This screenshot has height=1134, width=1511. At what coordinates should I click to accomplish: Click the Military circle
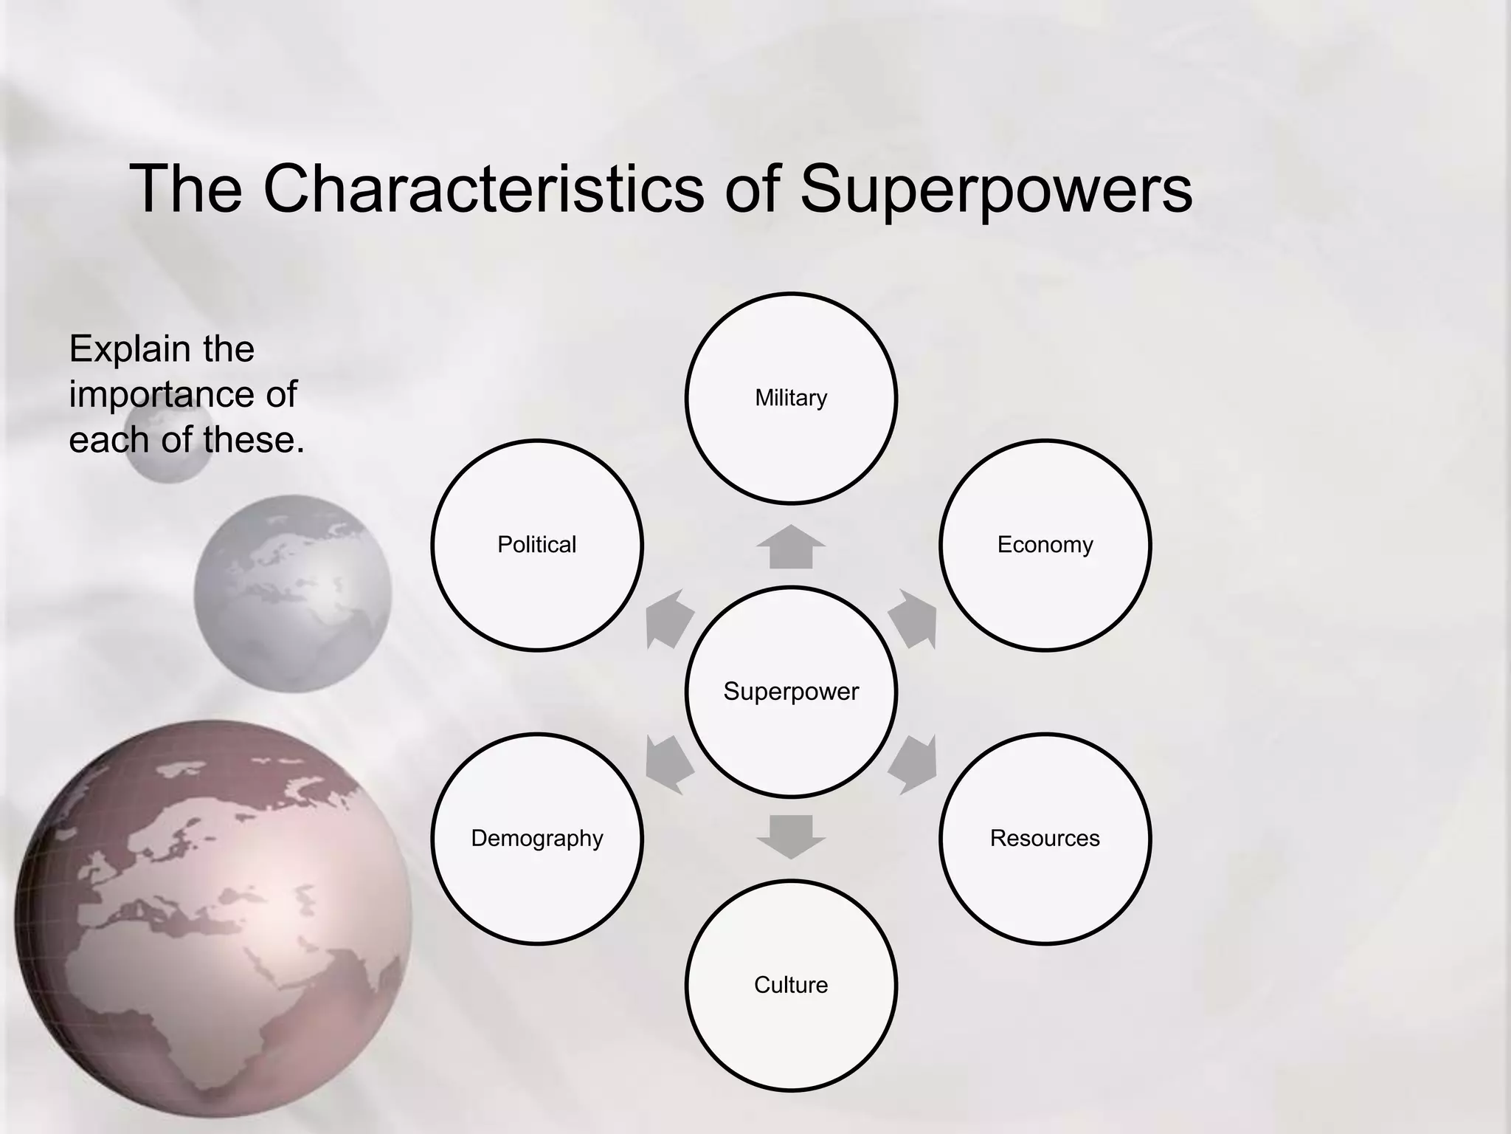coord(791,398)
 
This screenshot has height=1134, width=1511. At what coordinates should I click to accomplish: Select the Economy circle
coord(1045,545)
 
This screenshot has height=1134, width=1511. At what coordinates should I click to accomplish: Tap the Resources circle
coord(1045,838)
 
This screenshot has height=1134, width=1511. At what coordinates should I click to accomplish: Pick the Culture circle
coord(791,985)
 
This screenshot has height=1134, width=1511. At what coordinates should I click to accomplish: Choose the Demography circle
coord(537,838)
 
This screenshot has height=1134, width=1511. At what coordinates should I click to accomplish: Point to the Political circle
coord(537,545)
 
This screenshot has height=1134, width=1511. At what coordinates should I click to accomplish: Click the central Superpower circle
coord(791,692)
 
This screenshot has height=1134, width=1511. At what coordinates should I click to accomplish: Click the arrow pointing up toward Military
coord(791,548)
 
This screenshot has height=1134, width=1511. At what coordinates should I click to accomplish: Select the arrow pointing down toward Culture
coord(791,836)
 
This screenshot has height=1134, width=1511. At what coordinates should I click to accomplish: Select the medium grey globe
coord(293,594)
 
